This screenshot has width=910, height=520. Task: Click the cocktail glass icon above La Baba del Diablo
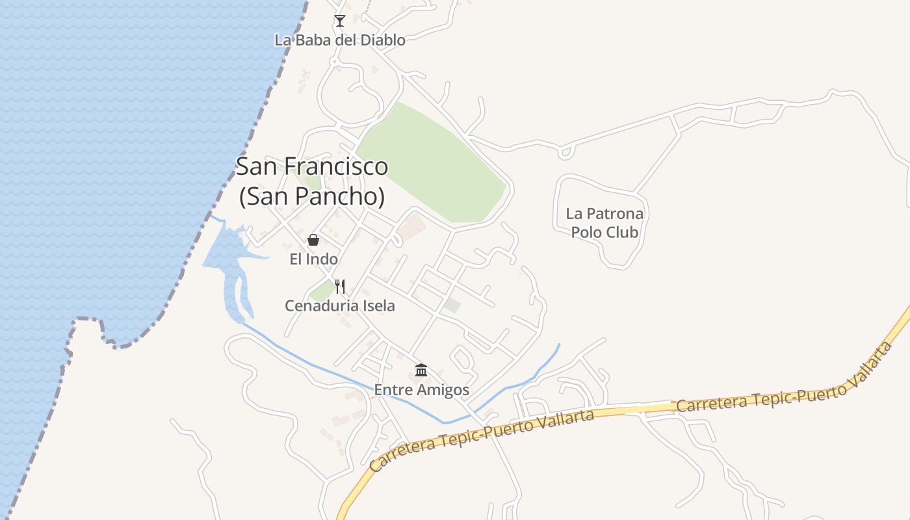(339, 21)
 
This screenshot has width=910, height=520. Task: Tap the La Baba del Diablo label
(339, 40)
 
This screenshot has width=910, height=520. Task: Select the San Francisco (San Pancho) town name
(312, 181)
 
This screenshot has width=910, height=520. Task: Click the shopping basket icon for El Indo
(313, 240)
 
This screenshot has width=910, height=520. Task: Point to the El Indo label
(313, 259)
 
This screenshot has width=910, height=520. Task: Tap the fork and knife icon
(339, 286)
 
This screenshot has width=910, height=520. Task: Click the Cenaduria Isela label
(339, 305)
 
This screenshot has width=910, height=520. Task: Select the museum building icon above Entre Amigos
(421, 370)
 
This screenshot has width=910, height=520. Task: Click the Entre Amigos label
(421, 390)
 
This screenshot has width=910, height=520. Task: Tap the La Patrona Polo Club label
(604, 223)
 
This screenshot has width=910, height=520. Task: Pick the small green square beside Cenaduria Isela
(321, 291)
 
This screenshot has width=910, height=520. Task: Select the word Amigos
(444, 390)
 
